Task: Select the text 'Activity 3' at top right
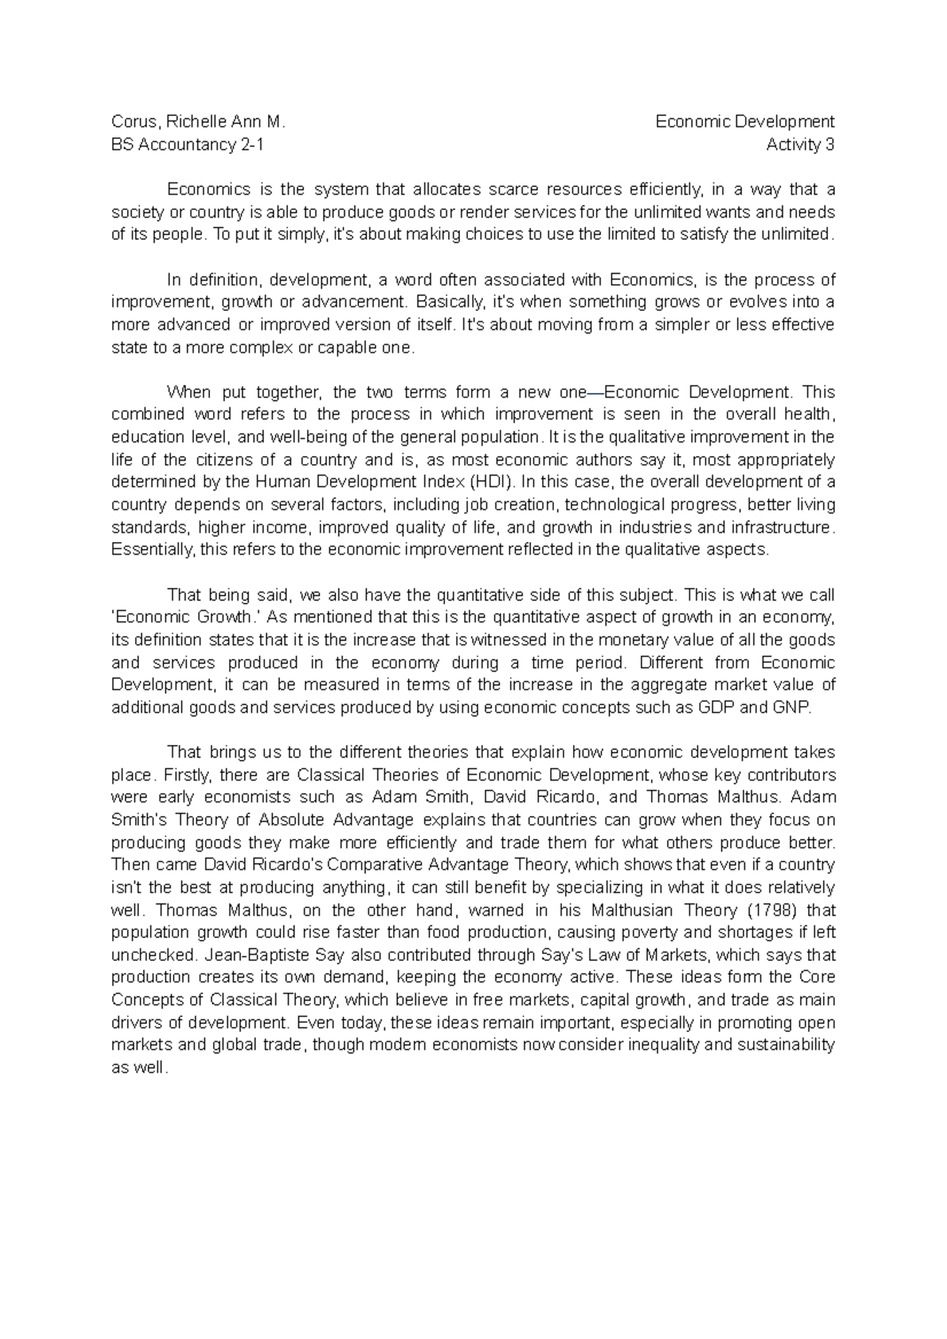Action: (x=800, y=145)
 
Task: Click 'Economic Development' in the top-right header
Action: (x=745, y=122)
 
